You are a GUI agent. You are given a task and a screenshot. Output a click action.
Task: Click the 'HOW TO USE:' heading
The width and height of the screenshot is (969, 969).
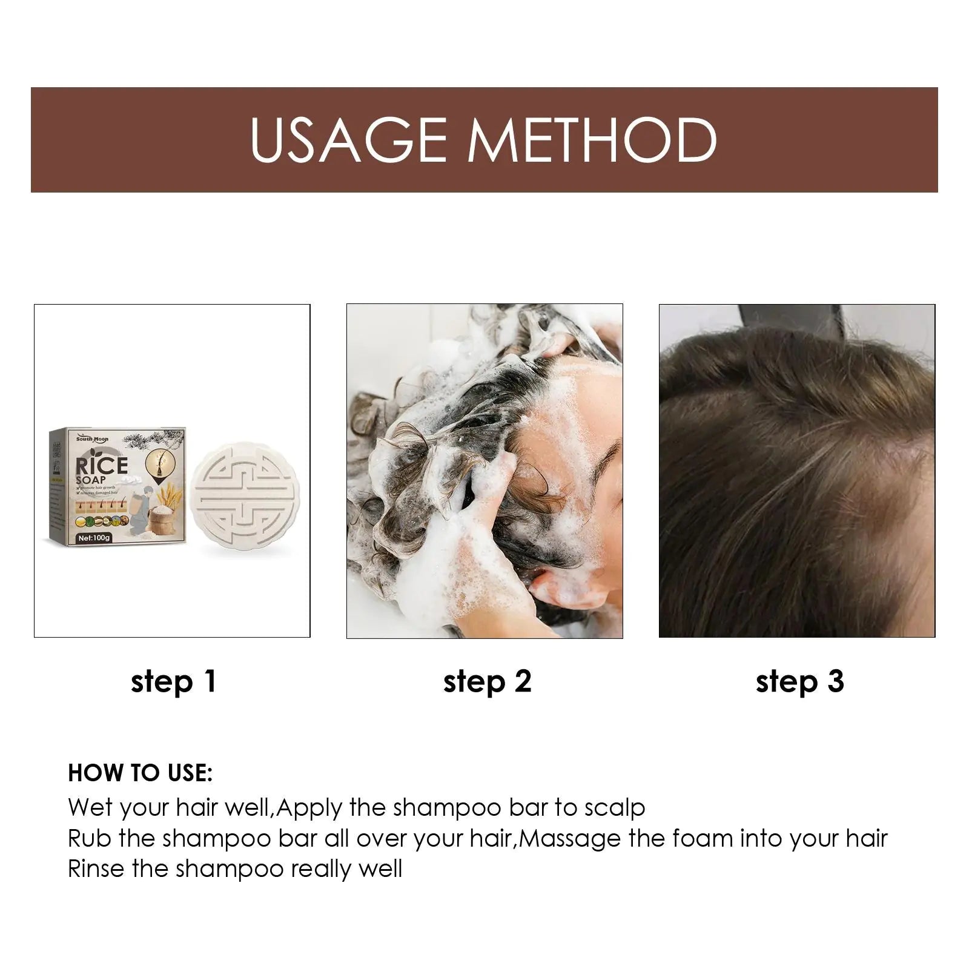click(x=140, y=773)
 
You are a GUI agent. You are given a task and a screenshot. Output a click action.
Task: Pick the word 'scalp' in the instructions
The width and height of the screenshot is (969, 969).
click(x=615, y=808)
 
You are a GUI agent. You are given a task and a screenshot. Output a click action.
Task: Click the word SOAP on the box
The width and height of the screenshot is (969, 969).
click(x=91, y=484)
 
